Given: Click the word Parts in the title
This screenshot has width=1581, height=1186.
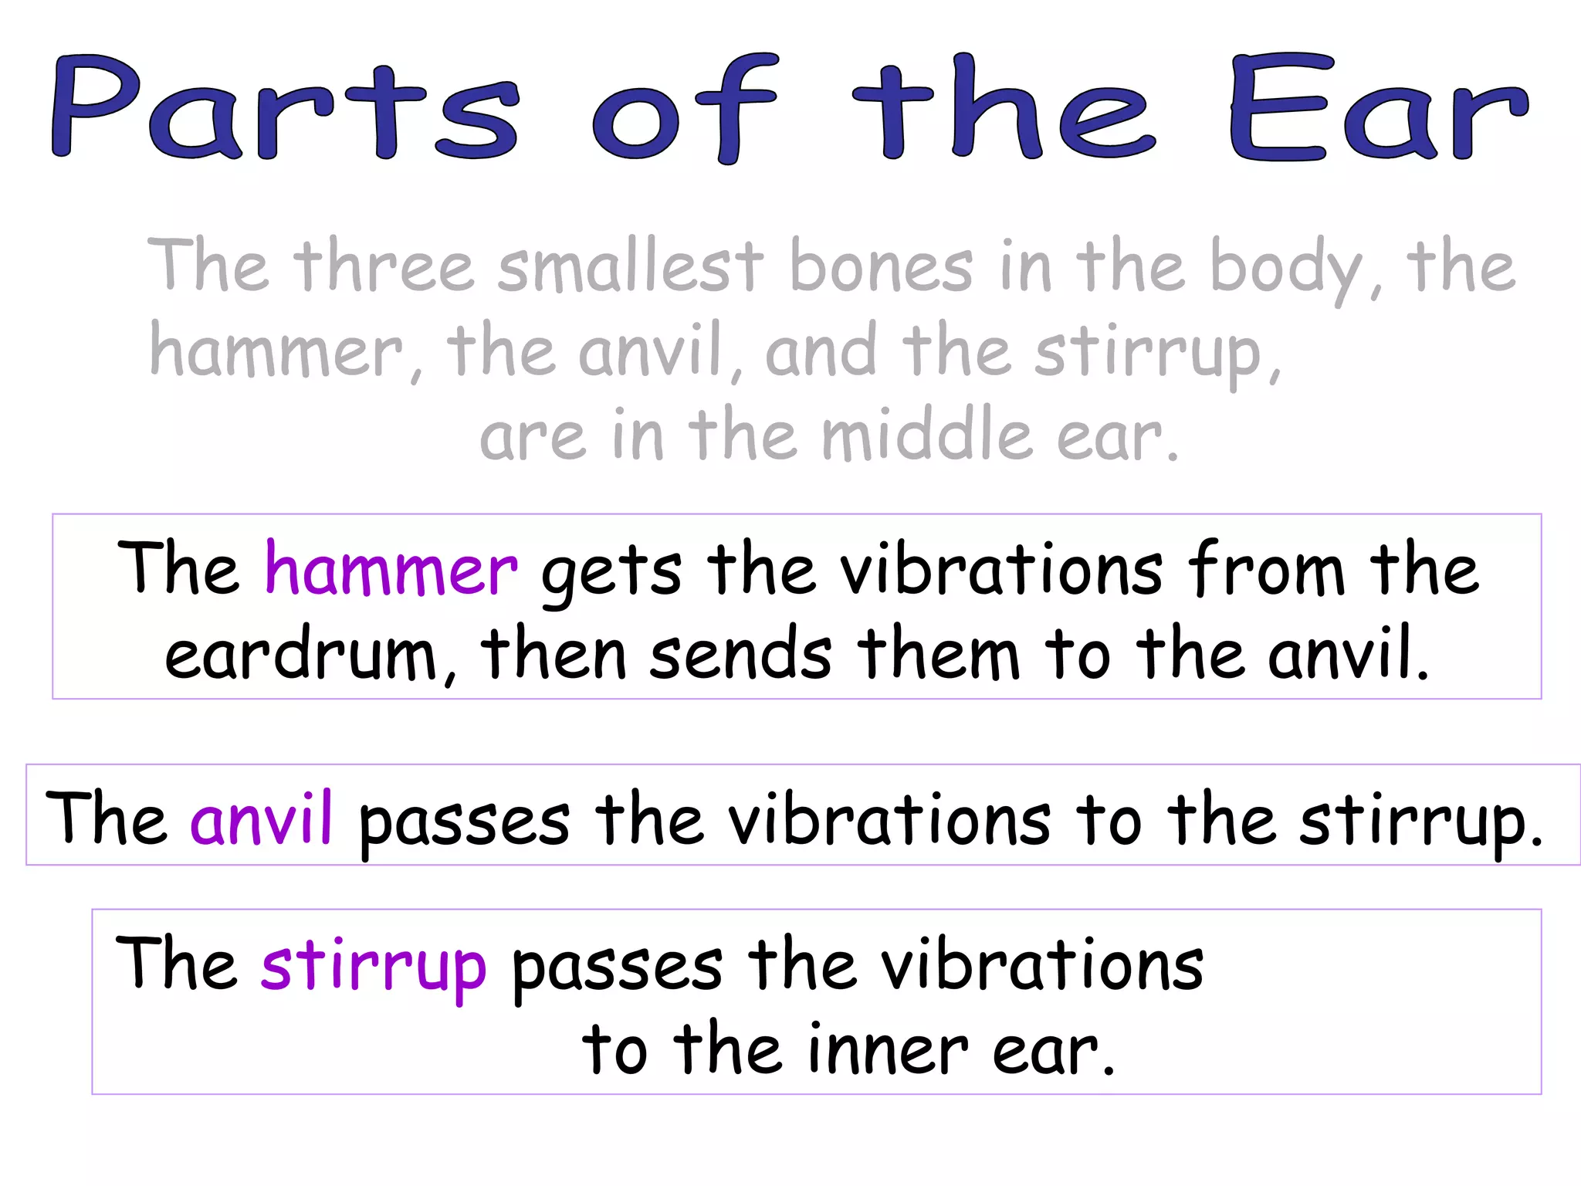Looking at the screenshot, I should pos(286,108).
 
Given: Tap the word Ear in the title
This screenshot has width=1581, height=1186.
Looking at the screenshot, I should pos(1378,108).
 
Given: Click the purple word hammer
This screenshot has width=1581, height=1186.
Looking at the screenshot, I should pos(391,571).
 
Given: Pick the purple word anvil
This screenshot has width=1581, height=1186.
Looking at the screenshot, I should pos(261,818).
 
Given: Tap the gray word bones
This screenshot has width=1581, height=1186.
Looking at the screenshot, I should pos(881,267).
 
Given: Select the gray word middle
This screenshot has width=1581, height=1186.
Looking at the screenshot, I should pos(926,436).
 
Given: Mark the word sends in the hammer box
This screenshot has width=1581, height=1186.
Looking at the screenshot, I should pos(740,656).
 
